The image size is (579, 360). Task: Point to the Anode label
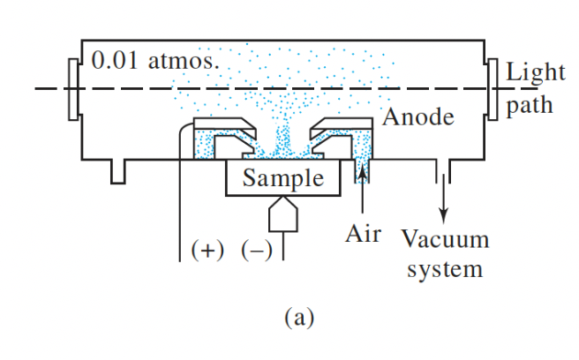tap(418, 116)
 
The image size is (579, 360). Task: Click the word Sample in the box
tap(283, 178)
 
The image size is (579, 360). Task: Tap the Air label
tap(363, 235)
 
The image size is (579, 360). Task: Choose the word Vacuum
tap(444, 239)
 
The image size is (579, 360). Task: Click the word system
tap(445, 267)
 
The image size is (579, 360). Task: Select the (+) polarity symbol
tap(208, 250)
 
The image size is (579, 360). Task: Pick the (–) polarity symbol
tap(257, 250)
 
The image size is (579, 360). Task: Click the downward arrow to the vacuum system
tap(443, 199)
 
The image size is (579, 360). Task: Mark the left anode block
tap(221, 132)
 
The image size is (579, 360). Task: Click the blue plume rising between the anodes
tap(282, 132)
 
